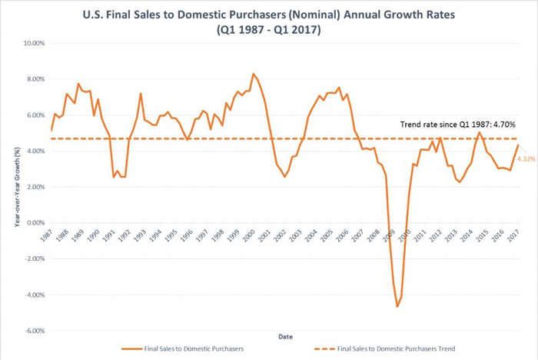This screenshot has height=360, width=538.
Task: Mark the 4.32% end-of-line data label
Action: pos(526,158)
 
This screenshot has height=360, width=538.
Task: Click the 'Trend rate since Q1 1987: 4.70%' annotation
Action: pos(457,124)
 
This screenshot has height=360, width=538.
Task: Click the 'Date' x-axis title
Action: pos(284,335)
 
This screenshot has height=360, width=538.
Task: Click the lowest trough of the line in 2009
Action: pos(397,306)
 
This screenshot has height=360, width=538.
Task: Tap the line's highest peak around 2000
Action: pos(253,74)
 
